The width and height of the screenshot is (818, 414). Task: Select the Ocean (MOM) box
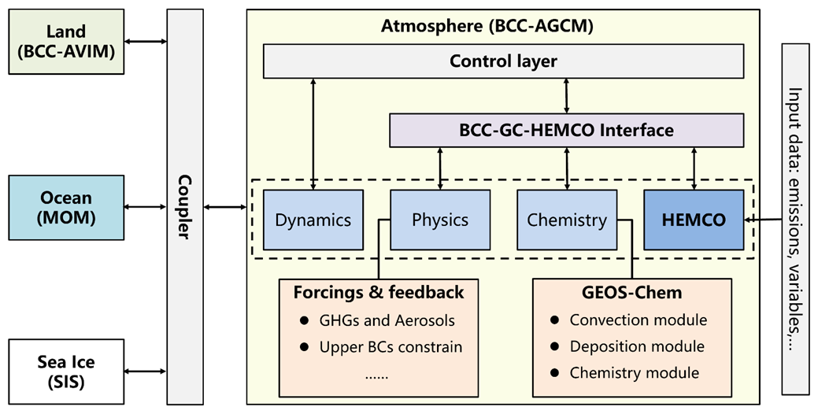coord(67,208)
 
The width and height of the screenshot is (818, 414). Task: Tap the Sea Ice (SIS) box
coord(67,371)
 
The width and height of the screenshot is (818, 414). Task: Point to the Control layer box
coord(503,61)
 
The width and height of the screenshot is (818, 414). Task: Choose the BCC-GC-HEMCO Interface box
coord(567,130)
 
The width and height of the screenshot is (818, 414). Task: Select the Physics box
coord(440,220)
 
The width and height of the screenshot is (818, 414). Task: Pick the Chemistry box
coord(567,220)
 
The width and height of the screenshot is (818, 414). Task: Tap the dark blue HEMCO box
coord(694,220)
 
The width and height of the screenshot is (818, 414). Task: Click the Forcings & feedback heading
coord(379,293)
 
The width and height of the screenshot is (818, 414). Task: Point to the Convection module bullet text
coord(638,320)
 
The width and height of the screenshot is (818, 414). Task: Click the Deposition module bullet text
coord(637,346)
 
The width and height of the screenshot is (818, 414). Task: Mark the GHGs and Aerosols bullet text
coord(387,320)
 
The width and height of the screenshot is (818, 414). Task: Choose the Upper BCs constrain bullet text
coord(390,346)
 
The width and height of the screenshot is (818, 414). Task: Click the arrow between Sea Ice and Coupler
coord(146,371)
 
